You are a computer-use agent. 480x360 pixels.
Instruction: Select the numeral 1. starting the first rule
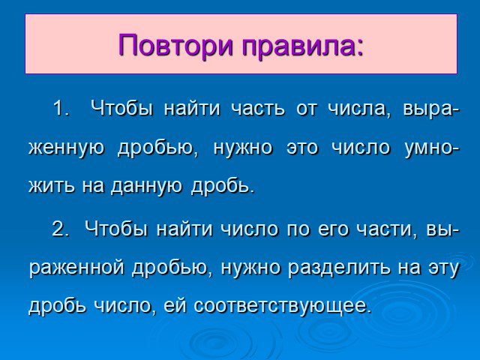pos(61,108)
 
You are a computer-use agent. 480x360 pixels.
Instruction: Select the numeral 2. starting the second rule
pos(60,228)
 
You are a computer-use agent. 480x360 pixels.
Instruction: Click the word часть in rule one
pos(257,108)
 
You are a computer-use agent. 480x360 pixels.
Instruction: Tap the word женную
pos(67,148)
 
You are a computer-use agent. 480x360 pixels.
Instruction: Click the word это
pos(303,148)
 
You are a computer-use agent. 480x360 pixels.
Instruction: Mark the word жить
pos(52,185)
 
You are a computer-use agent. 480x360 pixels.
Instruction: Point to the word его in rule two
pos(333,229)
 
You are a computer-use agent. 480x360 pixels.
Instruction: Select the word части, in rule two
pos(387,229)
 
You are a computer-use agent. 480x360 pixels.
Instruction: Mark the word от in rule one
pos(306,109)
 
